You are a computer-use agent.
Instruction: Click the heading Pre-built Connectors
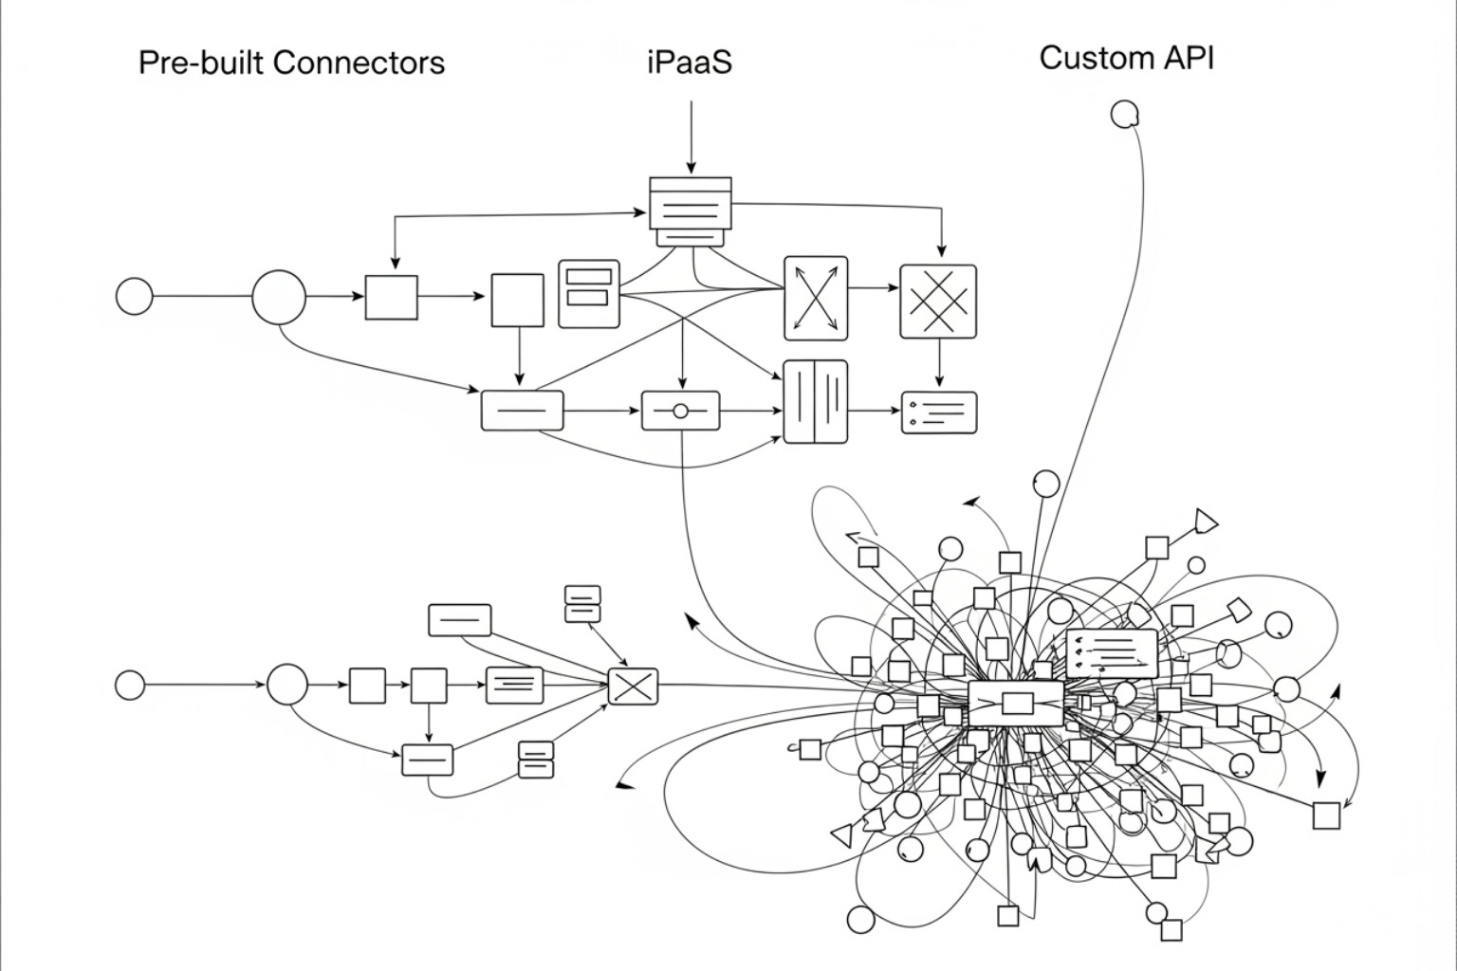coord(291,63)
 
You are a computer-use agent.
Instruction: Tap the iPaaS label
coord(690,63)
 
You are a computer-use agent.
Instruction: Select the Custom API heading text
coord(1126,58)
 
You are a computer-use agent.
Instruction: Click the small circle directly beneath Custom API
coord(1124,115)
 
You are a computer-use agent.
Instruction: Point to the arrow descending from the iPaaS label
coord(692,137)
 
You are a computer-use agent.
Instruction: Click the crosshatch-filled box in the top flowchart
coord(937,302)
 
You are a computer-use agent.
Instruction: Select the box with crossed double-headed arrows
coord(816,298)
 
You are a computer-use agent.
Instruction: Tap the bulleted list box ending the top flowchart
coord(938,412)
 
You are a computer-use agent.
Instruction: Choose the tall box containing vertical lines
coord(816,401)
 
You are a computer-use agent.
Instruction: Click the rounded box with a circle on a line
coord(680,412)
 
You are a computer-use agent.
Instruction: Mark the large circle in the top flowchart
coord(279,297)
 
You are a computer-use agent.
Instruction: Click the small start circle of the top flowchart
coord(134,297)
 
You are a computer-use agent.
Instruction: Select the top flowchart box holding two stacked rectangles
coord(588,294)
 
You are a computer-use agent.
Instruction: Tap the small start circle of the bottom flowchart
coord(130,685)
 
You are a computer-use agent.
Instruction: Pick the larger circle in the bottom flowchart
coord(286,685)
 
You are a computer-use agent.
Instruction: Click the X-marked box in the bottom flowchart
coord(633,686)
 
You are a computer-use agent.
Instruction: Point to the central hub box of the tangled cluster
coord(1016,704)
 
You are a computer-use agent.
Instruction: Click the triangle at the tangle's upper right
coord(1205,522)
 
